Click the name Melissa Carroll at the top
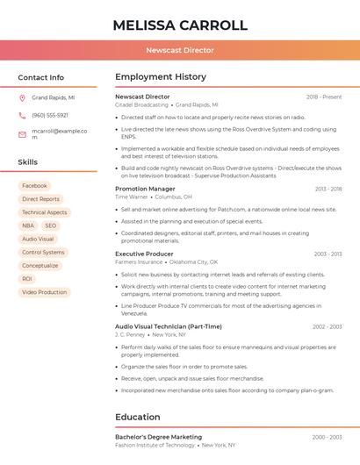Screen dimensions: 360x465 [180, 25]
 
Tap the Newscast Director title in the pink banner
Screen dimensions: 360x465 [180, 50]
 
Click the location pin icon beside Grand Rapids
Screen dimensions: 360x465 [22, 98]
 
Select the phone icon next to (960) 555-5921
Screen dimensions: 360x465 [22, 115]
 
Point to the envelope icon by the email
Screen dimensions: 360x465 [22, 134]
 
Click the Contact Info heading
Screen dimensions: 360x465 [41, 77]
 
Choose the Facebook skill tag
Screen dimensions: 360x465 [34, 186]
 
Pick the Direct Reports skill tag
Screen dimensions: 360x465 [40, 199]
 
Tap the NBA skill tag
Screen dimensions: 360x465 [28, 225]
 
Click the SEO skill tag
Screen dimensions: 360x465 [50, 225]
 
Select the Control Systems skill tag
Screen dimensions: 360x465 [43, 252]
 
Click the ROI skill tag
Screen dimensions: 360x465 [27, 279]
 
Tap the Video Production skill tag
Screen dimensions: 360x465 [44, 292]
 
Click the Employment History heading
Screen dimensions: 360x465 [161, 77]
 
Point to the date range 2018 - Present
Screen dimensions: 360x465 [324, 97]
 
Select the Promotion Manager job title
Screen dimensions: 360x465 [145, 189]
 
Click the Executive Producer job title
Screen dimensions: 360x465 [144, 254]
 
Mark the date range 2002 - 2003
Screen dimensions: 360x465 [327, 326]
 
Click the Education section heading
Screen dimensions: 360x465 [138, 417]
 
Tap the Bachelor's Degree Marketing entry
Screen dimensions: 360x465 [158, 437]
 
